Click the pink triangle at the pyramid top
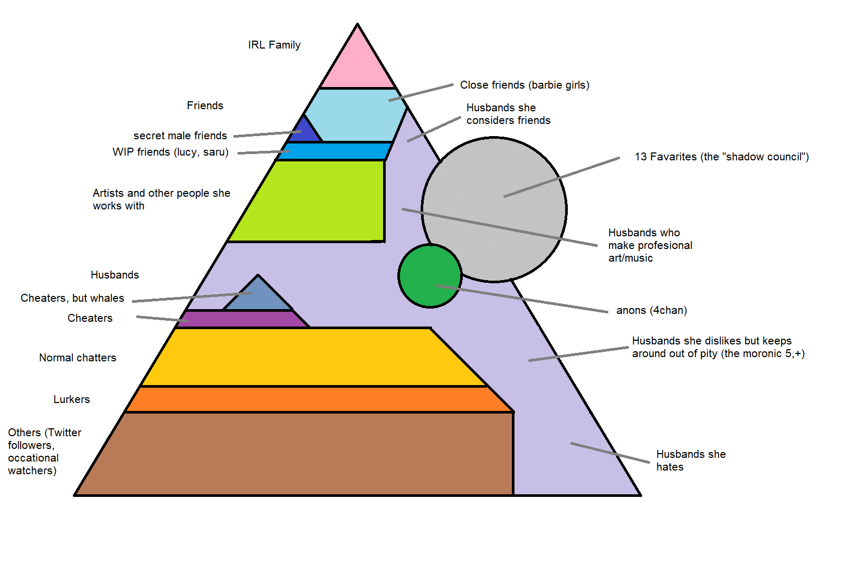click(358, 66)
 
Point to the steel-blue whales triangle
click(258, 295)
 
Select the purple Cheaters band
click(243, 319)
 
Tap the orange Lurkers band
click(317, 399)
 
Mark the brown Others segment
click(295, 454)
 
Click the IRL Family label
click(274, 45)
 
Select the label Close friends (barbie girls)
click(525, 85)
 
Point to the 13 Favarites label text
click(721, 157)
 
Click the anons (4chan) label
click(651, 310)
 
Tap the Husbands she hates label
click(690, 461)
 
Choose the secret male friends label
click(180, 136)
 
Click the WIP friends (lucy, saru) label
click(170, 152)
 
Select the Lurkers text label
click(72, 399)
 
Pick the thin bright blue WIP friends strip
click(335, 151)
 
